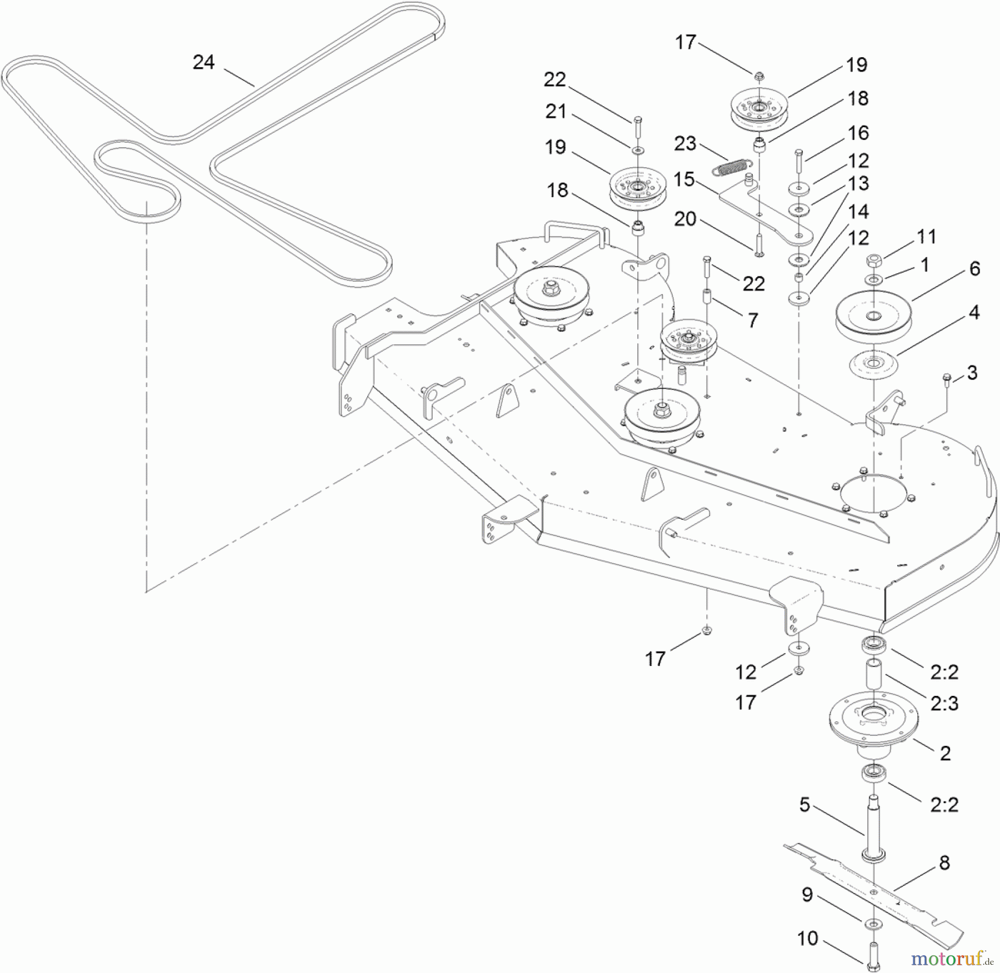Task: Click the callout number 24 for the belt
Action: coord(203,62)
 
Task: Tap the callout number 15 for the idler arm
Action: coord(684,179)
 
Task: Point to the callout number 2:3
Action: coord(944,704)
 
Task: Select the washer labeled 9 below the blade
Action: coord(873,923)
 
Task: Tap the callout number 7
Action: coord(752,320)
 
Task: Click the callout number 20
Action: coord(684,219)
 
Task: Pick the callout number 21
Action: coord(556,112)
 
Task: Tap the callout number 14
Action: coord(858,212)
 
